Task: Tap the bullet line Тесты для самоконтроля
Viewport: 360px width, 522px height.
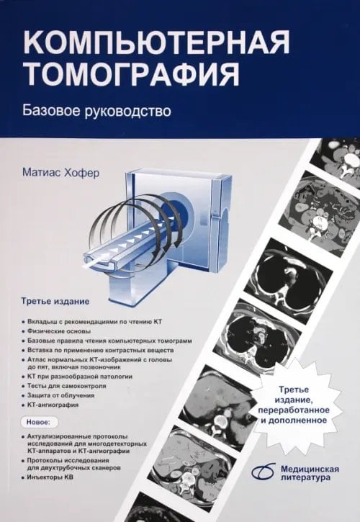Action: coord(72,386)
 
